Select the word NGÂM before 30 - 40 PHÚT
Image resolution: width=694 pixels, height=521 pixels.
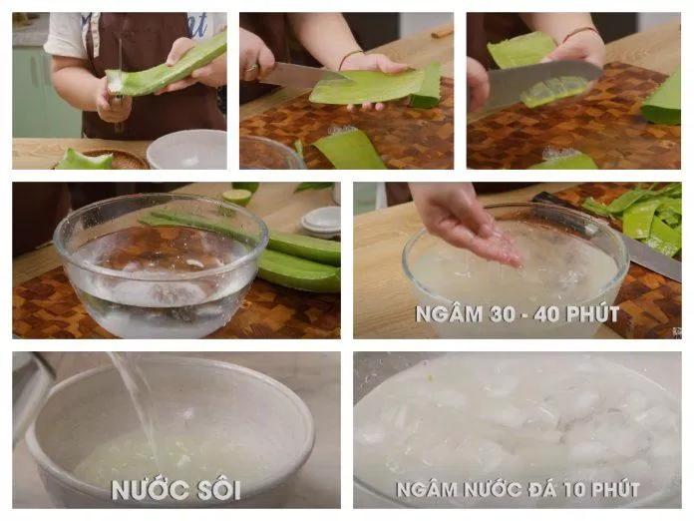(x=450, y=314)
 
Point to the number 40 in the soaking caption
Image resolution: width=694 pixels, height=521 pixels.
(x=547, y=314)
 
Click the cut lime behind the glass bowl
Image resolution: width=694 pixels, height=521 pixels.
(x=236, y=196)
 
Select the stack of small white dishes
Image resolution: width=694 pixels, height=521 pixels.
(x=322, y=222)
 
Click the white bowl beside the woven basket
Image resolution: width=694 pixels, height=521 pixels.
(x=187, y=150)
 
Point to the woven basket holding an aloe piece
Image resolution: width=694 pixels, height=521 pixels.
(x=120, y=160)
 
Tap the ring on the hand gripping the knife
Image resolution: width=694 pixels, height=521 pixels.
(x=251, y=68)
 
